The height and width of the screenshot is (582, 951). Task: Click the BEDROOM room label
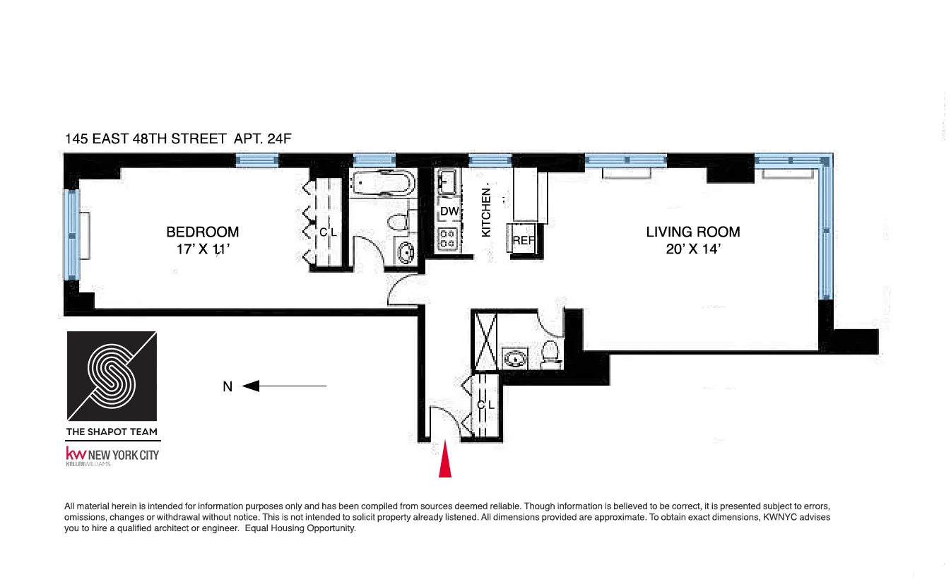point(202,232)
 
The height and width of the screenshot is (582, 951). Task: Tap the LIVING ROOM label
point(693,232)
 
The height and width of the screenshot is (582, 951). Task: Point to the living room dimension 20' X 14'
point(693,249)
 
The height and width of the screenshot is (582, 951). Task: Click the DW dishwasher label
point(449,211)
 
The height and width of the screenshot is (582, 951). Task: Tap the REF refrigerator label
point(524,240)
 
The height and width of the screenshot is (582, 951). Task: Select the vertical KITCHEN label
point(486,212)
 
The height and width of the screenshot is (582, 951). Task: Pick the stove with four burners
point(448,239)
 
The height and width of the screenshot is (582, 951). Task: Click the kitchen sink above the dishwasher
point(448,182)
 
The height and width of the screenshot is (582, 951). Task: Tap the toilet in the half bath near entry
point(550,352)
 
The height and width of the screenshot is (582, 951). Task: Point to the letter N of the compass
point(228,386)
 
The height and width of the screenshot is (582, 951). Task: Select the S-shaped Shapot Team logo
point(112,376)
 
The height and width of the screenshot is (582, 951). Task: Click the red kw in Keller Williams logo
point(75,453)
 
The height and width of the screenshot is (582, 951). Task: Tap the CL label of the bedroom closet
point(327,232)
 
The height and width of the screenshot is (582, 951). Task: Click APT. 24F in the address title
point(262,139)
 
